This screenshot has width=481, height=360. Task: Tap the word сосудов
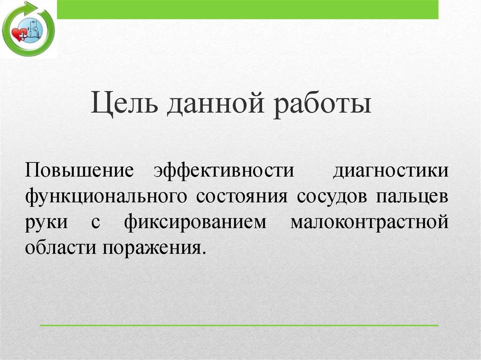click(x=331, y=196)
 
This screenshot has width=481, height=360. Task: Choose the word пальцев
click(x=411, y=196)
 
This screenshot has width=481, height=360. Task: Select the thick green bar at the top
click(x=248, y=9)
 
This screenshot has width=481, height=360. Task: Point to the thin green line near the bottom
click(x=239, y=325)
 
